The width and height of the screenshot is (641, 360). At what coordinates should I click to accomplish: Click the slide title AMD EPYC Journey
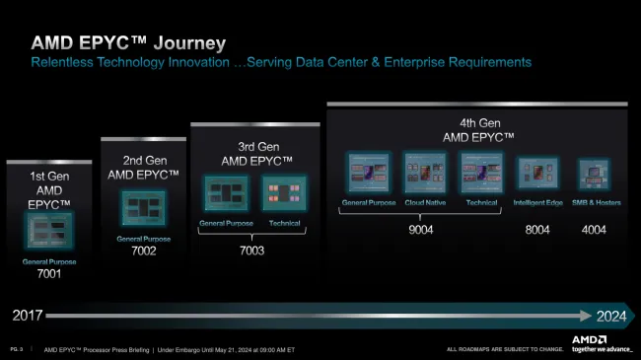click(129, 43)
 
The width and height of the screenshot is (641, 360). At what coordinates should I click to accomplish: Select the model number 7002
click(144, 252)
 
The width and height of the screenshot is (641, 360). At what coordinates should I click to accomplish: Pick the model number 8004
click(536, 230)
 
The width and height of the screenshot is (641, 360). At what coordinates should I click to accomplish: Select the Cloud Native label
click(424, 203)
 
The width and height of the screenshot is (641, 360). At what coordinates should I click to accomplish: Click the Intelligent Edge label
click(536, 203)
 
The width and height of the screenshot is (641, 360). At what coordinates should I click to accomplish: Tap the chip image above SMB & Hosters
click(592, 174)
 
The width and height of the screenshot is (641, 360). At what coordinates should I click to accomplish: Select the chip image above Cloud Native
click(424, 173)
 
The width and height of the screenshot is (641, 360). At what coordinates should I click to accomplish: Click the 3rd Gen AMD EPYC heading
click(254, 153)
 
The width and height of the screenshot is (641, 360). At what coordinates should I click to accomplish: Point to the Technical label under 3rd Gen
click(285, 224)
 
